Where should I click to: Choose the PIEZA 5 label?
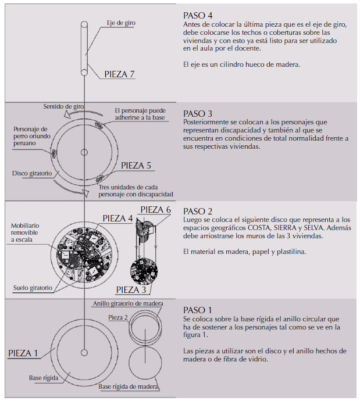point(136,166)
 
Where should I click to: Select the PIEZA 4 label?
point(117,219)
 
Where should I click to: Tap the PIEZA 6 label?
point(155,210)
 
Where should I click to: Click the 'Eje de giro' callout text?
point(122,23)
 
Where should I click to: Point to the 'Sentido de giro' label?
point(65,107)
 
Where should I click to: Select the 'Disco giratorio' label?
point(32,173)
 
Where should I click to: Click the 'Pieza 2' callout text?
point(117,317)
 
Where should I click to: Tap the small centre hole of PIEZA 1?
point(85,352)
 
